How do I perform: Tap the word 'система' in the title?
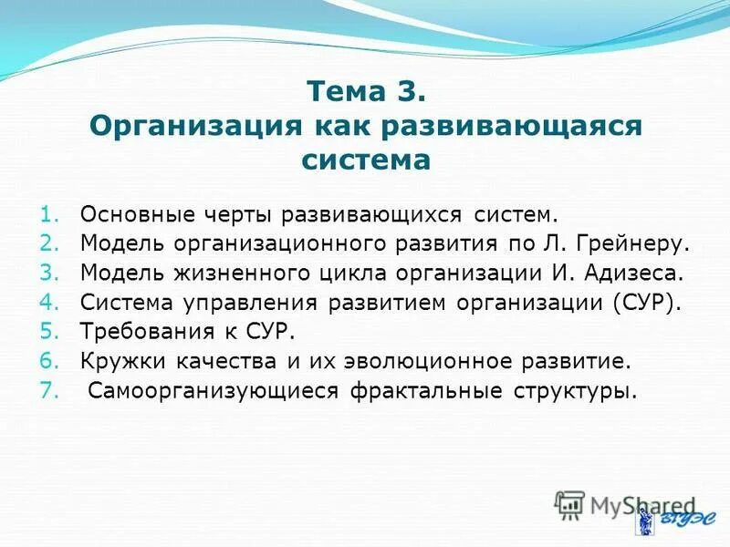pyautogui.click(x=365, y=160)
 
